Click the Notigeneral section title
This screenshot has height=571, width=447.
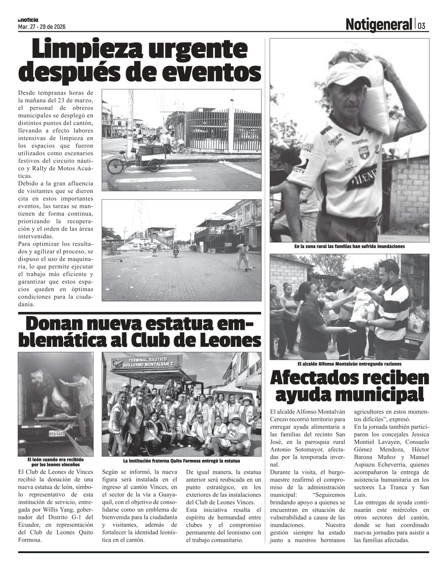[x=378, y=25]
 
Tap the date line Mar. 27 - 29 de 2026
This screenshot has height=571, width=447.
[x=42, y=27]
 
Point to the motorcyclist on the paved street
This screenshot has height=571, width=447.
[x=176, y=250]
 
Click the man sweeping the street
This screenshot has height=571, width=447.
[x=243, y=255]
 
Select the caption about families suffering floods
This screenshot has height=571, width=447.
[x=349, y=247]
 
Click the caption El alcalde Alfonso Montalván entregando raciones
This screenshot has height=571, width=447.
[x=349, y=364]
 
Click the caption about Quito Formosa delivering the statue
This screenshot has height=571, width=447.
[x=181, y=461]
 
